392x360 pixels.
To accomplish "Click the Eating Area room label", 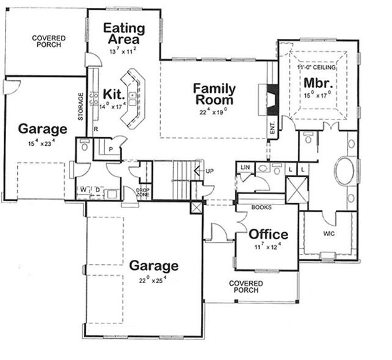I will [124, 34].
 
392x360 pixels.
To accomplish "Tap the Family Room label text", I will [214, 94].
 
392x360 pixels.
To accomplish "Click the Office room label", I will [268, 234].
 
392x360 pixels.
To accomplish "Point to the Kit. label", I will [114, 95].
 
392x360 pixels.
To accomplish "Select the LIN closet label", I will [245, 167].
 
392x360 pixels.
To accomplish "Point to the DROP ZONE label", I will [143, 193].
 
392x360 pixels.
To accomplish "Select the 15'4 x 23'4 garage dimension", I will [42, 142].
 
